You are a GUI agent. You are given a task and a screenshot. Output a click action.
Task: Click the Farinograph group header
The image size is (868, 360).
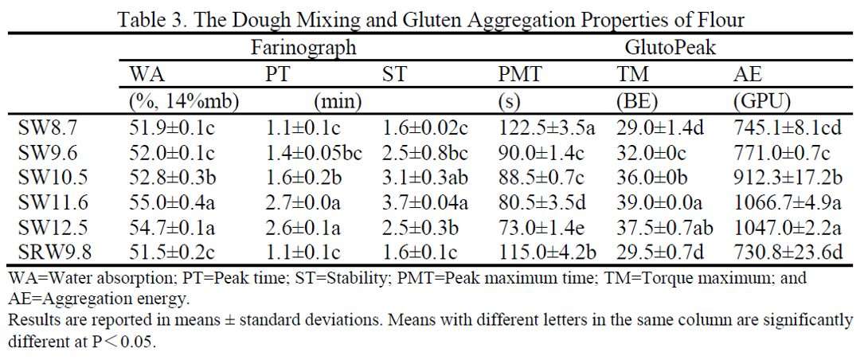[303, 48]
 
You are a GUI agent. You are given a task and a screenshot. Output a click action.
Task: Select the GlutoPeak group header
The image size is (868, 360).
[670, 48]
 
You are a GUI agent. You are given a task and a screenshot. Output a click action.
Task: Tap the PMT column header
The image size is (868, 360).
[520, 75]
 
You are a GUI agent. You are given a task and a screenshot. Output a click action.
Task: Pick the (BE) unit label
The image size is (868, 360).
[635, 101]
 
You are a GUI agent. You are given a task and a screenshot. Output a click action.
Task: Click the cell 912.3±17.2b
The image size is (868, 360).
[788, 178]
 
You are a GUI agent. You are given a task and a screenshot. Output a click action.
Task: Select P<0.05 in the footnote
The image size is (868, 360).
[123, 343]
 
